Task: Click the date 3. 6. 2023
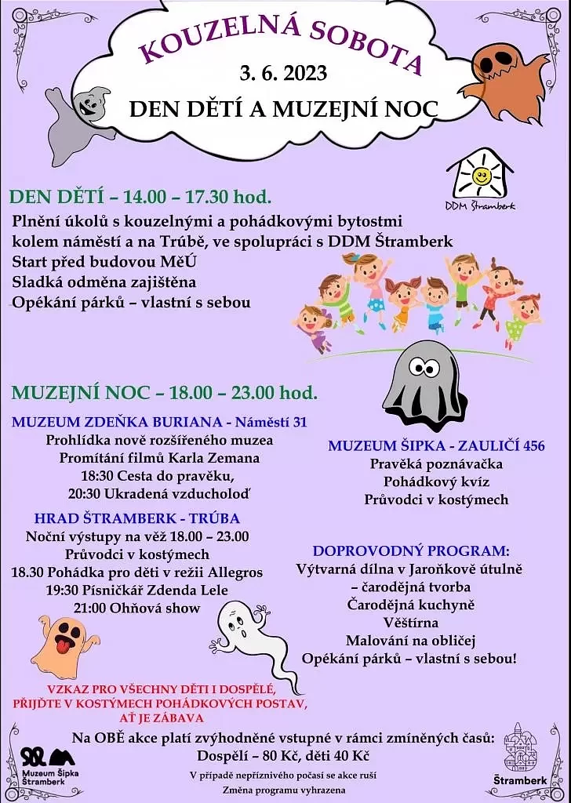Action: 283,73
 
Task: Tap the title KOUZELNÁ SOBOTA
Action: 282,38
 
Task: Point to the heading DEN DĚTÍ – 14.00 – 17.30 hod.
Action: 140,196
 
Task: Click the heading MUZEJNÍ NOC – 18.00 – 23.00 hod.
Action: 164,392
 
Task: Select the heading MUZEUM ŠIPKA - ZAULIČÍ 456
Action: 436,445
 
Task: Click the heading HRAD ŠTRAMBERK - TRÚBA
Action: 137,518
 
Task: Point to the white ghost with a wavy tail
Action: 251,635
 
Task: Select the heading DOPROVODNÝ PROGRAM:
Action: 411,550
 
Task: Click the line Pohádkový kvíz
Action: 436,481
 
